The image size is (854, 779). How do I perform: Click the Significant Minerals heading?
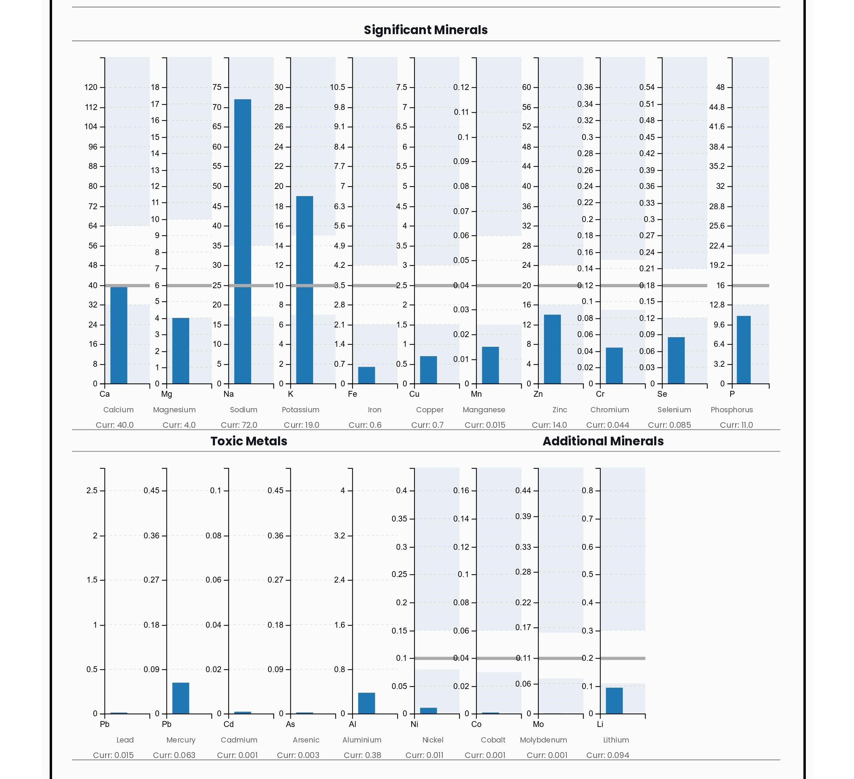tap(426, 30)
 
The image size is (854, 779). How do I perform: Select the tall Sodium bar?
tap(243, 242)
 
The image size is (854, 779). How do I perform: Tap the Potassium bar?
tap(305, 290)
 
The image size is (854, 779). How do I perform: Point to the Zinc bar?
tap(552, 349)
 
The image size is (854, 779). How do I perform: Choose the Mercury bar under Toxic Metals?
tap(181, 698)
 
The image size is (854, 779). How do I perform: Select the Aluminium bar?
tap(367, 703)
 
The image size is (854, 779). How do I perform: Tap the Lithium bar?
tap(614, 701)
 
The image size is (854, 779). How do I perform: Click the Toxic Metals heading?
tap(249, 441)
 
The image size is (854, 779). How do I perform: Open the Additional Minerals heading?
tap(603, 441)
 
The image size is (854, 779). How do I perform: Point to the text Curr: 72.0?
tap(239, 425)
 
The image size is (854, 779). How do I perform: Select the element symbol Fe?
tap(352, 394)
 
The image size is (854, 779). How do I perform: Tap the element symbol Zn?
tap(538, 394)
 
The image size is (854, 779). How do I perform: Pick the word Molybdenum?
tap(544, 740)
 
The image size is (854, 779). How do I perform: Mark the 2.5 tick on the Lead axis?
tap(92, 491)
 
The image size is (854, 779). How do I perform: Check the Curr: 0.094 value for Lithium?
tap(608, 755)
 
